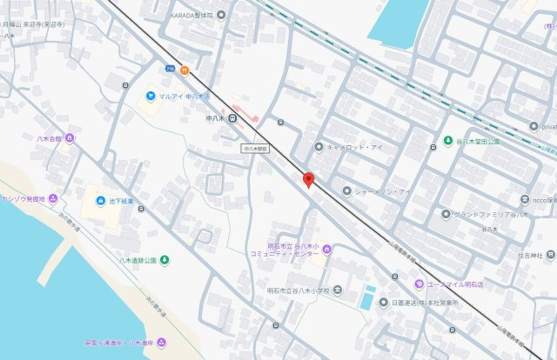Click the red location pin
click(x=307, y=180)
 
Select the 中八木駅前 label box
click(x=256, y=150)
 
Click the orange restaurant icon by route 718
click(x=185, y=70)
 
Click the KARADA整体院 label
click(x=194, y=14)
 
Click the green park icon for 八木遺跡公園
click(x=164, y=260)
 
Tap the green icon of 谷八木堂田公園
click(x=447, y=141)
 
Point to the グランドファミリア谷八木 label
click(x=492, y=214)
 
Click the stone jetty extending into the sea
click(x=62, y=257)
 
